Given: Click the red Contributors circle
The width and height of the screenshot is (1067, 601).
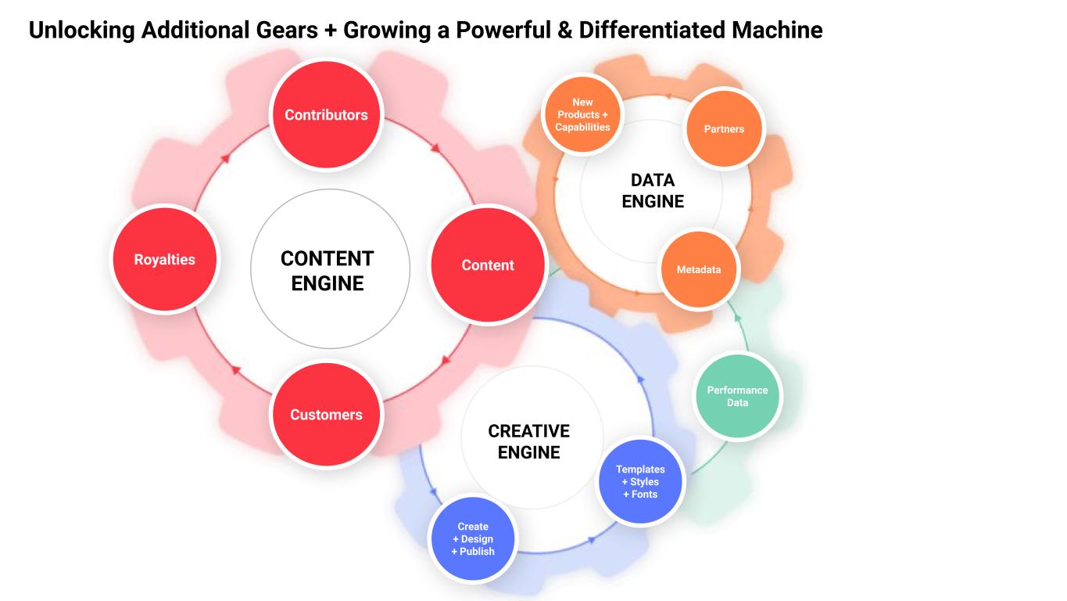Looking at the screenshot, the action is click(326, 114).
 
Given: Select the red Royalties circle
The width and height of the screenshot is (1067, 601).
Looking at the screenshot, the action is click(165, 259).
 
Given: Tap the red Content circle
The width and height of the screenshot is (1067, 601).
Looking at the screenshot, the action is click(488, 265).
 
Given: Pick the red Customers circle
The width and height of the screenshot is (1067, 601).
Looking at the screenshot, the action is click(326, 414).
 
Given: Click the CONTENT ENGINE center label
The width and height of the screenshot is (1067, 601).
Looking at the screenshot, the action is click(328, 271).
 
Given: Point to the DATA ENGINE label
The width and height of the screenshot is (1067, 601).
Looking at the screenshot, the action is click(653, 191).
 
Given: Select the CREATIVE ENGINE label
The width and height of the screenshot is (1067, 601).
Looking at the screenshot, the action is click(528, 441).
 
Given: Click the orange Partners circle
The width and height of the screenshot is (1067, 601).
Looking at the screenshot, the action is click(724, 129).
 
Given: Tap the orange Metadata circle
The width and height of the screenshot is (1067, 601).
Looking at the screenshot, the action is click(699, 269).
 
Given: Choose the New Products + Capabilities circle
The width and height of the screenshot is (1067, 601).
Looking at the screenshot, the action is click(582, 114).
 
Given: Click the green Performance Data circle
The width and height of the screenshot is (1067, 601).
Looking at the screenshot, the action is click(737, 396).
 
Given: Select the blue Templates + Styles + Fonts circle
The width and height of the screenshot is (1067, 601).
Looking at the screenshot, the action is click(640, 482).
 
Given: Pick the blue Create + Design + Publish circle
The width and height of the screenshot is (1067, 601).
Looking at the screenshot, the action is click(473, 538).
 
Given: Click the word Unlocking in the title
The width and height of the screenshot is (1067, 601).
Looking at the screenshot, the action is click(82, 30).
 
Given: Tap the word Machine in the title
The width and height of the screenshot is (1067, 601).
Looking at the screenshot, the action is click(777, 30).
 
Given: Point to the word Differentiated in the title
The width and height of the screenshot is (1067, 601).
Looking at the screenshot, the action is click(652, 30).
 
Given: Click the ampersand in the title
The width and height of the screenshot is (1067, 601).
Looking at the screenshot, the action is click(564, 30).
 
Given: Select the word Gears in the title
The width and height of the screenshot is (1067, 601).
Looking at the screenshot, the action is click(287, 30).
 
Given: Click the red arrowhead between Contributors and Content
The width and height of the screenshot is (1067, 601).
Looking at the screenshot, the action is click(435, 149).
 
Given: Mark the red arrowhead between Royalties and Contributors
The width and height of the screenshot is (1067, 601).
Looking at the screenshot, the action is click(225, 158).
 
